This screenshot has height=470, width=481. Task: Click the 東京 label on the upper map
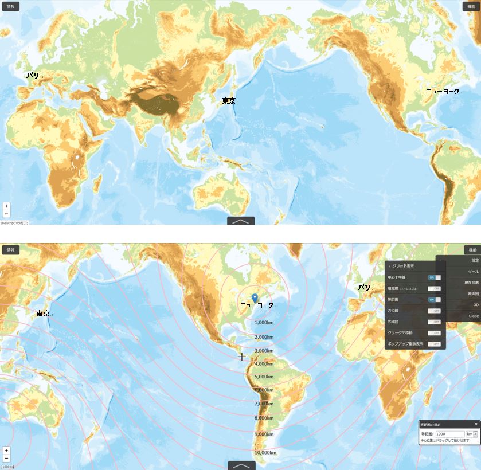(x=228, y=101)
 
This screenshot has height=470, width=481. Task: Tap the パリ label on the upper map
(x=33, y=75)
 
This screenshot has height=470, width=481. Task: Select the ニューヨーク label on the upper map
(x=442, y=91)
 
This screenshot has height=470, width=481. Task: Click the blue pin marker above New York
(x=255, y=297)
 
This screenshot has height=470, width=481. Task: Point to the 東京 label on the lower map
(x=43, y=314)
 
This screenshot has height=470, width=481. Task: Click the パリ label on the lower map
(x=364, y=287)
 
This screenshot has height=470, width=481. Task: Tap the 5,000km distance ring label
(x=264, y=377)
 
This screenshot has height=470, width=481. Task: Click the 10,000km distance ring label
(x=265, y=453)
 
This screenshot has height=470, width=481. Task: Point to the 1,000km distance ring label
(x=265, y=323)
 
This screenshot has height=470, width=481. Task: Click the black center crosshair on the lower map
(x=242, y=357)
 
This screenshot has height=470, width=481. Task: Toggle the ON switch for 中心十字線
(x=434, y=277)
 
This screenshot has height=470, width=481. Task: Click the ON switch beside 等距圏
(x=434, y=300)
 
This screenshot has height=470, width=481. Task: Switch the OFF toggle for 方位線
(x=434, y=311)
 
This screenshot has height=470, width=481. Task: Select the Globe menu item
(x=474, y=316)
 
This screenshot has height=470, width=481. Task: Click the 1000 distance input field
(x=449, y=434)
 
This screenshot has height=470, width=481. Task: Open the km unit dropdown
(x=472, y=434)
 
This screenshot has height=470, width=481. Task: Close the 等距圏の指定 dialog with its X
(x=476, y=424)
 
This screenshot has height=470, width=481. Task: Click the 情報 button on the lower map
(x=10, y=250)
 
